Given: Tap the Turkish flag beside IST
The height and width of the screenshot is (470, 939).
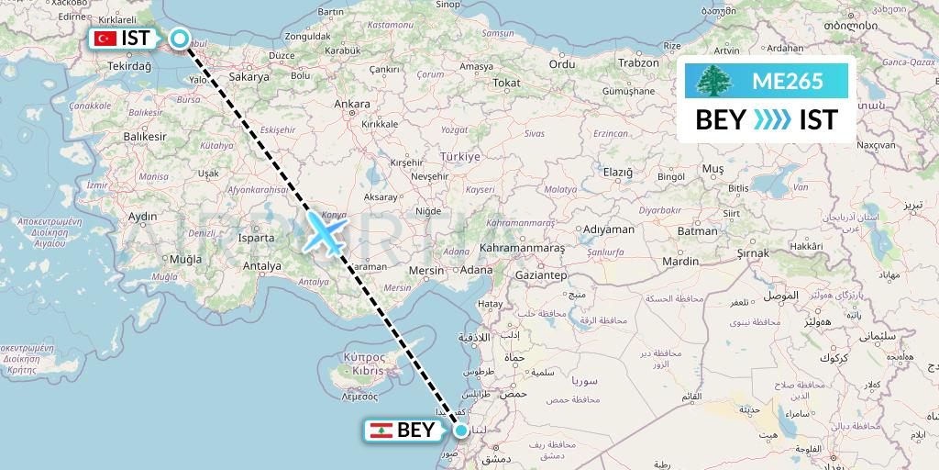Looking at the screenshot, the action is coord(105,39).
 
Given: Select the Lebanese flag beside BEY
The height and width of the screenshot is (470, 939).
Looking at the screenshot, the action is coord(381,430).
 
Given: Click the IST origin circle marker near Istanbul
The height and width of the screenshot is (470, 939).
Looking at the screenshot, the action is coord(180,39).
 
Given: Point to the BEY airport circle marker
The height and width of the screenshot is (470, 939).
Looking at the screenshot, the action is coord(461,430).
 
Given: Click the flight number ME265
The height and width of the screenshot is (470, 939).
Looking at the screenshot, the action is coord(787,82).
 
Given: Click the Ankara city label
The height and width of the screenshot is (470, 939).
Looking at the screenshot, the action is coord(352,105).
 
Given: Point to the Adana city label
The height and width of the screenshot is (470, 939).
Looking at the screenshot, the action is coord(477,270).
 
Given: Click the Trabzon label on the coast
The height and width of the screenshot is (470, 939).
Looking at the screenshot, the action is coord(638,62).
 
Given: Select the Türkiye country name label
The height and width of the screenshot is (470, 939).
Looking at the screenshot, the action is coord(459,157).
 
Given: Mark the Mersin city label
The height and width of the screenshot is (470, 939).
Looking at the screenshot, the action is coord(426,271).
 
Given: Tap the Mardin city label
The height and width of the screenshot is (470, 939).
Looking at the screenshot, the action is coord(680,262).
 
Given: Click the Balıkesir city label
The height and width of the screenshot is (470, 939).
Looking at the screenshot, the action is coord(148,136).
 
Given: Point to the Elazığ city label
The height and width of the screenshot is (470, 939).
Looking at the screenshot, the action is coord(617,172).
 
